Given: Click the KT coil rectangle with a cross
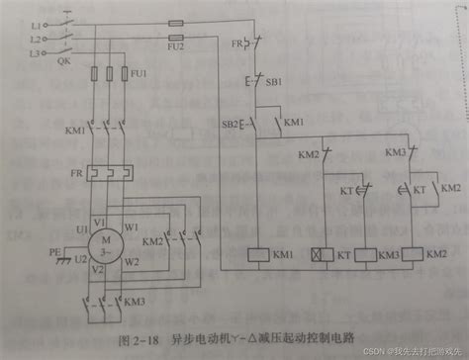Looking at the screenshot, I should point(321,253).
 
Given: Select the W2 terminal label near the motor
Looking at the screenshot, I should point(133,261).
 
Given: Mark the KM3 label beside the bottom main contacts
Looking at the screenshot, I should point(136,301).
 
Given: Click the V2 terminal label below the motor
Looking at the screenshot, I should point(96,269).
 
